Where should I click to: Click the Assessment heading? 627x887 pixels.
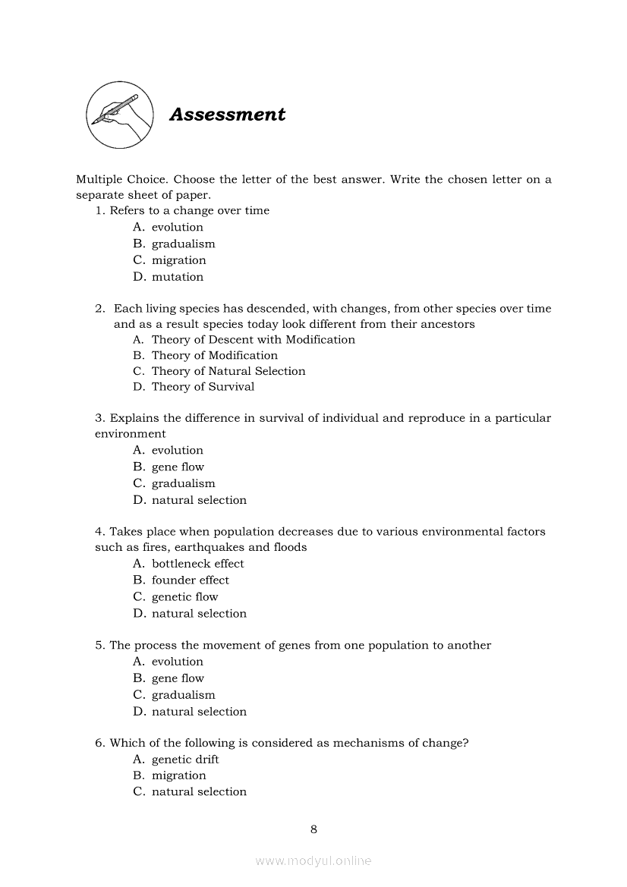(x=227, y=115)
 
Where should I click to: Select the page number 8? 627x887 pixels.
(x=313, y=829)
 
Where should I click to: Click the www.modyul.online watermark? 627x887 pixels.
(x=313, y=860)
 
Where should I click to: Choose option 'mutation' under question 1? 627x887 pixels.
(x=177, y=277)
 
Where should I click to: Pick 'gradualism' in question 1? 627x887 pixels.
(x=183, y=244)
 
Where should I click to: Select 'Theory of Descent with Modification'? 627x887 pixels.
(x=253, y=340)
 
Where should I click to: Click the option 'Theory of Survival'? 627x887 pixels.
(x=203, y=387)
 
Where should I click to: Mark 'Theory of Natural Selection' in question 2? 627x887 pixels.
(x=228, y=371)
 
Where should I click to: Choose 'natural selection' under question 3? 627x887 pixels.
(x=199, y=500)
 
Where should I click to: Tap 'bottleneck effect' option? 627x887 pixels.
(x=197, y=564)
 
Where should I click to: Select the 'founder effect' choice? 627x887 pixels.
(x=190, y=580)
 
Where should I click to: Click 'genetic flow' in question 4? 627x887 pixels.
(x=184, y=597)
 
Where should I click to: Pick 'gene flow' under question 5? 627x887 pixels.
(x=178, y=678)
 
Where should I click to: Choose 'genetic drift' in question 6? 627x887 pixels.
(x=185, y=760)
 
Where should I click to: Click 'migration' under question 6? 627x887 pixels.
(x=178, y=775)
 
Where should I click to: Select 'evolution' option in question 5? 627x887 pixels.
(x=177, y=662)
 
